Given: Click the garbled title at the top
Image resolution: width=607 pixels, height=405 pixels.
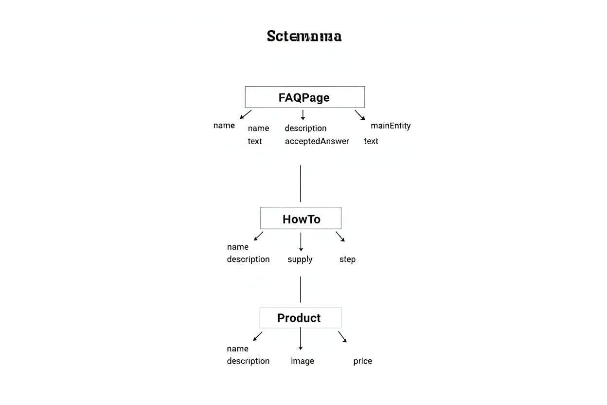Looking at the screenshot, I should [x=304, y=37].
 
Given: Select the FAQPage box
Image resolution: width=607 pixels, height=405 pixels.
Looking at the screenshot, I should [x=304, y=97].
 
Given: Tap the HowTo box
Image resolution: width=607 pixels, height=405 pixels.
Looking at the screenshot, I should [x=301, y=219].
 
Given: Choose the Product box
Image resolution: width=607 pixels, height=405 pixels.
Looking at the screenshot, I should [x=301, y=318].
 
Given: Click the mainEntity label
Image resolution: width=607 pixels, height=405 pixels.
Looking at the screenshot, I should [x=391, y=126].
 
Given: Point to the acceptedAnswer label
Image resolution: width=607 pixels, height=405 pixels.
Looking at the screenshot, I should [x=317, y=141].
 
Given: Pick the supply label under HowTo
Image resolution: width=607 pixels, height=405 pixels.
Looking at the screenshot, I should [x=300, y=259].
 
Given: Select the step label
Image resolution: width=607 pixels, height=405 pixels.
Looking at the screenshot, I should [x=347, y=259].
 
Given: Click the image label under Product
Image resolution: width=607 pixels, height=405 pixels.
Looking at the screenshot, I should [x=302, y=361].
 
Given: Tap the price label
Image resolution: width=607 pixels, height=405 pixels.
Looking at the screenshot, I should [x=362, y=361].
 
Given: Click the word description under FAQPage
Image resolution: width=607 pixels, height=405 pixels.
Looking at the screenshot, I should [x=305, y=128].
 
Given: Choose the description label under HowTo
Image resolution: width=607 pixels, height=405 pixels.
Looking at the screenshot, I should [x=248, y=259].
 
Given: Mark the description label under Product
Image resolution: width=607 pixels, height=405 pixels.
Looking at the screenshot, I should [x=248, y=361].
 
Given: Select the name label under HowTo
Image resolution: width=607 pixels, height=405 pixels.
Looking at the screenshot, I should [x=237, y=247].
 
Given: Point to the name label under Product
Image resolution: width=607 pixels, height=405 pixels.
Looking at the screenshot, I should [x=237, y=349].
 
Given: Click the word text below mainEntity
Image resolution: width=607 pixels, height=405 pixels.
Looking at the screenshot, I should [x=371, y=141].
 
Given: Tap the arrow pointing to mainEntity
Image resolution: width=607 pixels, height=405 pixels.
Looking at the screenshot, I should [x=359, y=115].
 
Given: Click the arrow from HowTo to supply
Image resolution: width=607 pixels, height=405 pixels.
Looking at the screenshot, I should [x=301, y=241].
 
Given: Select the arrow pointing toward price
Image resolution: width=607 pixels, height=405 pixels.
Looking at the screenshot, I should [x=342, y=337].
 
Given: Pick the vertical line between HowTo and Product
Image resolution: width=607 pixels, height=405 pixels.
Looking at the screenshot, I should [x=300, y=289].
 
